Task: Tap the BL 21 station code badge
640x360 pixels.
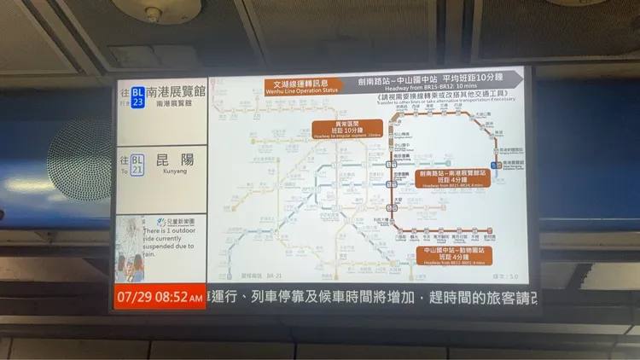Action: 137,164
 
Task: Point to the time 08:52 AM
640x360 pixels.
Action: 176,298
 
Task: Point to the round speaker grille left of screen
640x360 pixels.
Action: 81,154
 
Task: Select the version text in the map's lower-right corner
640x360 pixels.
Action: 506,276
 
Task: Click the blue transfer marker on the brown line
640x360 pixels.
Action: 496,164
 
